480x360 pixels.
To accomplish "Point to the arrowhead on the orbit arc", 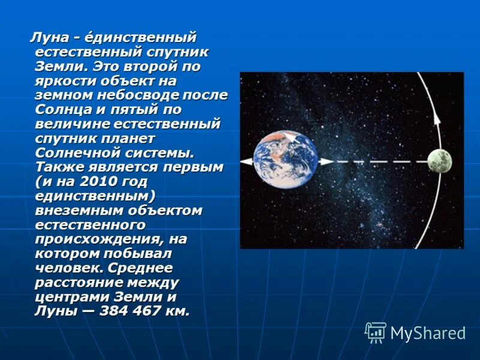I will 437,118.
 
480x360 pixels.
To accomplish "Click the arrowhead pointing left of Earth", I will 244,162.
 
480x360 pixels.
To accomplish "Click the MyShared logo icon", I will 376,332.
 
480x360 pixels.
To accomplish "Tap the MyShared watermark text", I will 428,333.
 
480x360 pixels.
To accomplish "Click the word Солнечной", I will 74,152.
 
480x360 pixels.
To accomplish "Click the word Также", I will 59,167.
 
